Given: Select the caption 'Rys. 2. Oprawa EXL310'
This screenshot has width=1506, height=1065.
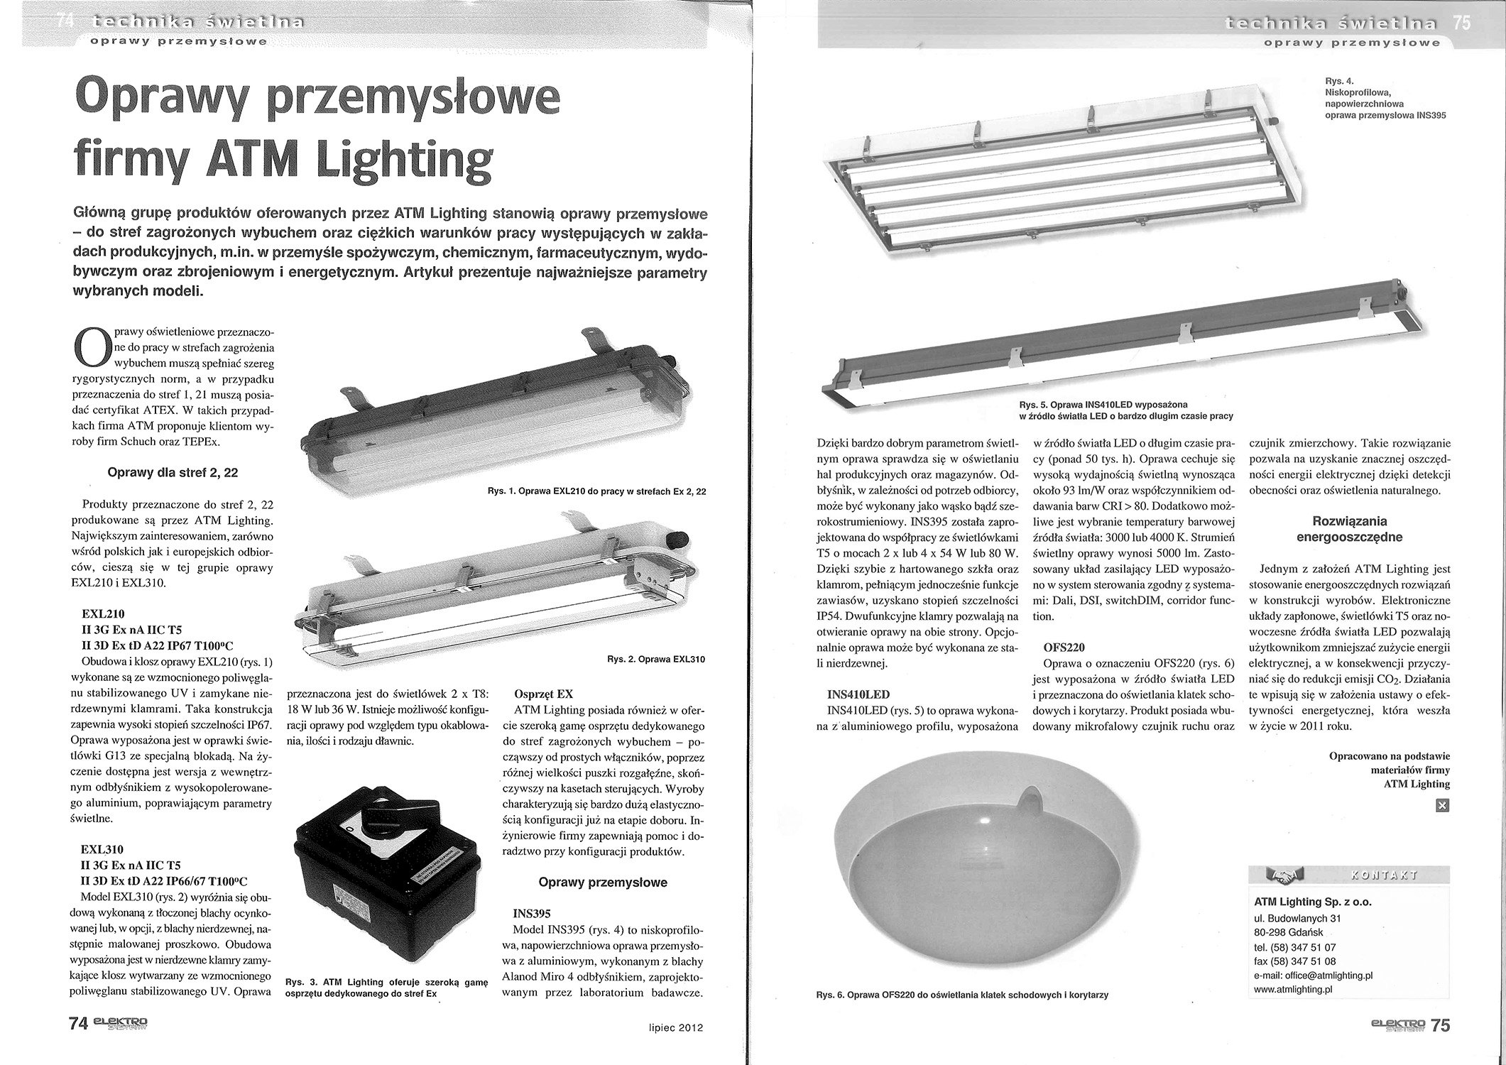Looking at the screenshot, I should tap(656, 660).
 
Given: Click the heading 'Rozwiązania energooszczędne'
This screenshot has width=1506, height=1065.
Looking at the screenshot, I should tap(1348, 529).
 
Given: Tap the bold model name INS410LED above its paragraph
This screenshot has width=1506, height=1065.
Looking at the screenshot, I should tap(858, 694).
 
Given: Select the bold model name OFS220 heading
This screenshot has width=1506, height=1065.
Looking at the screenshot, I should tap(1065, 648).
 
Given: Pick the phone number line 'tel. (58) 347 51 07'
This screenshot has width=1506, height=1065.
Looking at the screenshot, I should tap(1295, 947).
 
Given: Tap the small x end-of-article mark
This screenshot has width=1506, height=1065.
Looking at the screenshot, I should tap(1442, 805).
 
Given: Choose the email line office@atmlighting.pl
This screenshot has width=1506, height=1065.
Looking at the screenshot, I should tap(1313, 975).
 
